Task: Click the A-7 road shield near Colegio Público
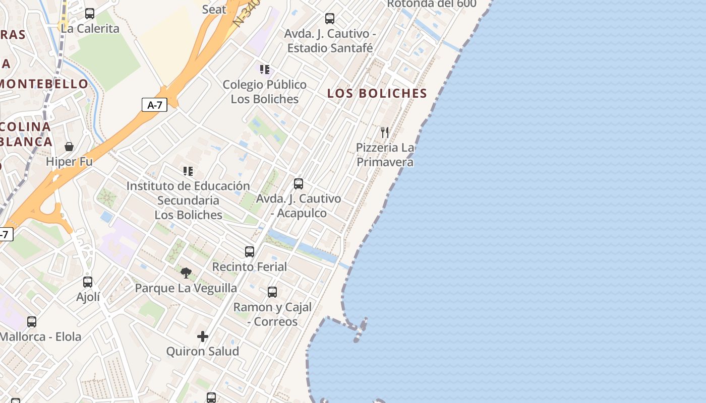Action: pyautogui.click(x=154, y=105)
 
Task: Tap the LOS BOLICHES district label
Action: pyautogui.click(x=377, y=93)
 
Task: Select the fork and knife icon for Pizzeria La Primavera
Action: pyautogui.click(x=385, y=132)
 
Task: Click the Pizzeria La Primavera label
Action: pyautogui.click(x=385, y=155)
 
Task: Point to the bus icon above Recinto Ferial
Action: pyautogui.click(x=250, y=251)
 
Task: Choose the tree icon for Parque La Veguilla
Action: pyautogui.click(x=186, y=273)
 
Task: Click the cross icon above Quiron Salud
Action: pyautogui.click(x=203, y=336)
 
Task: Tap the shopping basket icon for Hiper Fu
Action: pyautogui.click(x=69, y=147)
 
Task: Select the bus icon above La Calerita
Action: pyautogui.click(x=90, y=14)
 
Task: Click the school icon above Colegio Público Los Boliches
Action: pyautogui.click(x=265, y=70)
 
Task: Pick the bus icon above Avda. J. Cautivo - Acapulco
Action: pyautogui.click(x=299, y=183)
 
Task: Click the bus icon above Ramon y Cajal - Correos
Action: pyautogui.click(x=272, y=292)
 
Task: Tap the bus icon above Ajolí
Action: pyautogui.click(x=88, y=282)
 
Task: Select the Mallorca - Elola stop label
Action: pyautogui.click(x=40, y=337)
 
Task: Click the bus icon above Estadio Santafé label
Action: pyautogui.click(x=330, y=19)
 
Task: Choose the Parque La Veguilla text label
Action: pyautogui.click(x=186, y=288)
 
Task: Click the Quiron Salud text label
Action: pyautogui.click(x=203, y=351)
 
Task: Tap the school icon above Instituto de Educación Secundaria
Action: pyautogui.click(x=188, y=171)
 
